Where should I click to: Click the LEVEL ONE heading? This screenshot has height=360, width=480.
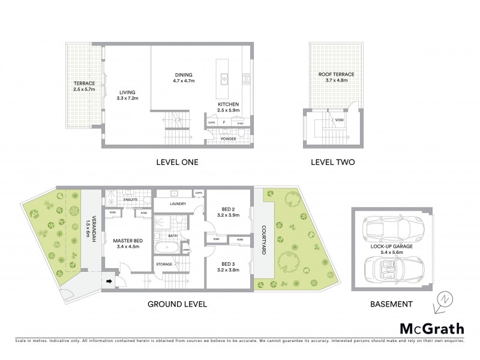click(x=177, y=162)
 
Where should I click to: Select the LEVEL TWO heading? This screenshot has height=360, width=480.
click(x=332, y=162)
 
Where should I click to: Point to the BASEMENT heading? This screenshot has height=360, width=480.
click(x=391, y=304)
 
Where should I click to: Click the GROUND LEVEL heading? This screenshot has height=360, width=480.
click(x=177, y=304)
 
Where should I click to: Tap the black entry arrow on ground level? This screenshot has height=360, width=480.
click(x=110, y=280)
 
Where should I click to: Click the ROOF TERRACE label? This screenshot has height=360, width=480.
click(x=336, y=75)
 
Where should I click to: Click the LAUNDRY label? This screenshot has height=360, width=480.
click(x=177, y=204)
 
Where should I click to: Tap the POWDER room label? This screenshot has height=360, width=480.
click(x=228, y=138)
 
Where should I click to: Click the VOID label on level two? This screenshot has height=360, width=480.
click(x=340, y=120)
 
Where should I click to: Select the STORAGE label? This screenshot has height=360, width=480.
click(x=164, y=264)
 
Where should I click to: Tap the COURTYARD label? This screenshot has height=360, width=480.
click(x=264, y=240)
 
